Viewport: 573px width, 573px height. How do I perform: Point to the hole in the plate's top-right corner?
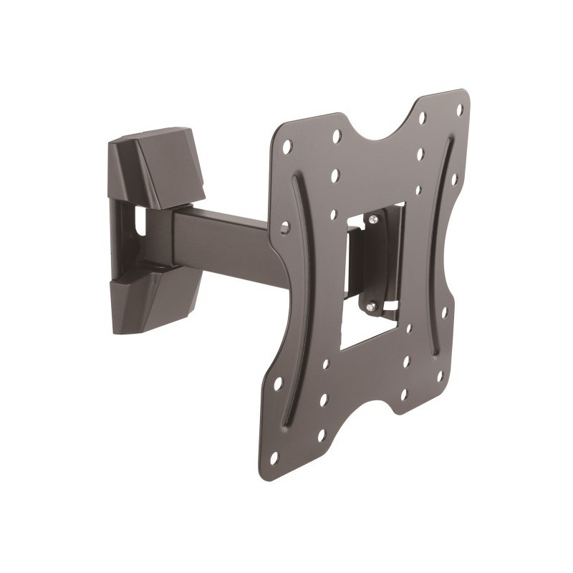(459, 110)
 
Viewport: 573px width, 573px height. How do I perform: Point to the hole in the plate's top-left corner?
(287, 146)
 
